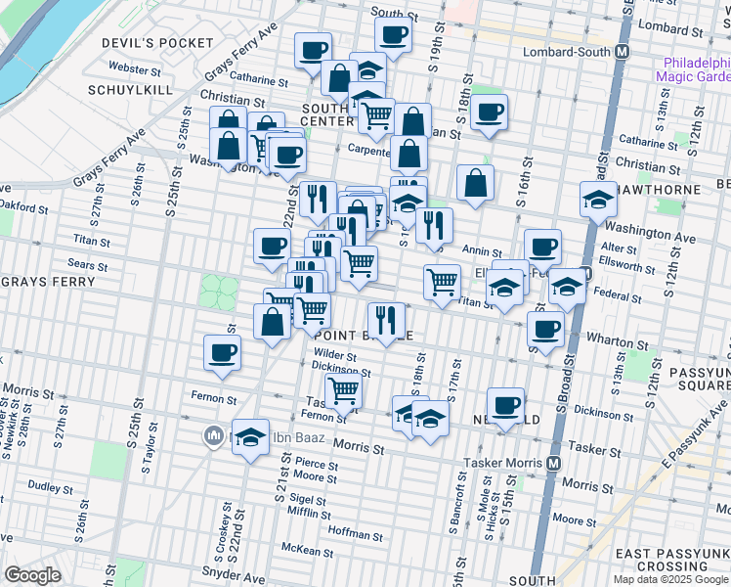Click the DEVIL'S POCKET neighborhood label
156,43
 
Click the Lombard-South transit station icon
621,52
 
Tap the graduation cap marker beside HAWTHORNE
598,200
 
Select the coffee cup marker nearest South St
393,35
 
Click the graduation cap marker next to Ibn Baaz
251,436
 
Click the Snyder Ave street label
228,569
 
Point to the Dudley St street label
44,485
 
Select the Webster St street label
135,69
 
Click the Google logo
33,575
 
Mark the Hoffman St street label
356,534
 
